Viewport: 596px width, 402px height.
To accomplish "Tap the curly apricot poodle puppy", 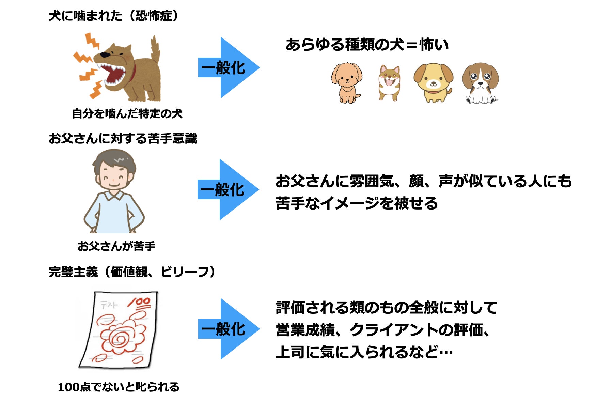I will (347, 82).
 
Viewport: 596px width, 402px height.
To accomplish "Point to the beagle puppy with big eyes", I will (480, 82).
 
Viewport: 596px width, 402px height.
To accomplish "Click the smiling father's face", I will (114, 174).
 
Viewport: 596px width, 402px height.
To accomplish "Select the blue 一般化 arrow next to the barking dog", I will (228, 68).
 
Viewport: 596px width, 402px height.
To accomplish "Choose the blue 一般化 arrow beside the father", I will (228, 189).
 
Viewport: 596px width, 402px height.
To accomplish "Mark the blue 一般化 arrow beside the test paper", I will (228, 329).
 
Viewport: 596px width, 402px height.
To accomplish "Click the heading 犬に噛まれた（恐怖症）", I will (114, 16).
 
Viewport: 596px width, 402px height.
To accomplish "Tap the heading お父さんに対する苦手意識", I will (123, 139).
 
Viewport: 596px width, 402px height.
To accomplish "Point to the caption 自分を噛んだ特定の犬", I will (127, 113).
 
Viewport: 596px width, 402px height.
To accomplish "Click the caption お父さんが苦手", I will (116, 246).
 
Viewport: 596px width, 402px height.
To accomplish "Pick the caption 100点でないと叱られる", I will (119, 387).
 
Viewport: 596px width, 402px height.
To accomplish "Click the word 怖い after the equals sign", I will (434, 45).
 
